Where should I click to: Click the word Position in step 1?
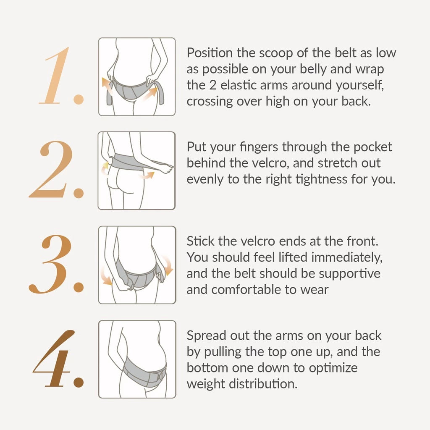click(210, 52)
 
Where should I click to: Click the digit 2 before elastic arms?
click(213, 85)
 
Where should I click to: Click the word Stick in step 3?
click(200, 241)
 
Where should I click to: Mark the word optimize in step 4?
click(333, 368)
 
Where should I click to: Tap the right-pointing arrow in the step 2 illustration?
click(148, 175)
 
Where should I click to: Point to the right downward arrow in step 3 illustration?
click(167, 266)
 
